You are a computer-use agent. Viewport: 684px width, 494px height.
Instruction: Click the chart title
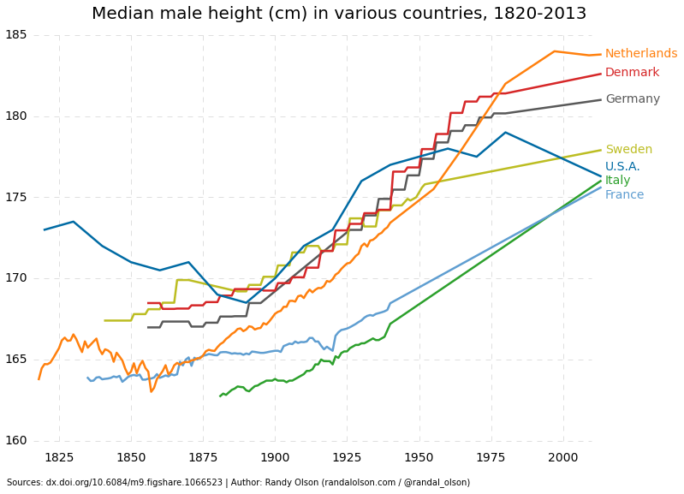click(x=339, y=14)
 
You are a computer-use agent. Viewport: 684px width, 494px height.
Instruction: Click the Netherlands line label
click(x=640, y=54)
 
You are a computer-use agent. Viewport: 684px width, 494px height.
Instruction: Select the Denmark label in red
click(x=632, y=73)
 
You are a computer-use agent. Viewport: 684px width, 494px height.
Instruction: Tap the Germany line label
click(x=632, y=99)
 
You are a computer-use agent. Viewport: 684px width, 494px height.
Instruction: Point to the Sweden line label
click(x=628, y=150)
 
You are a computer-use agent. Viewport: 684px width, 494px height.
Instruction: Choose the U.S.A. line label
click(x=622, y=167)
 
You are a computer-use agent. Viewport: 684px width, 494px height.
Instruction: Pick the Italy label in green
click(x=617, y=181)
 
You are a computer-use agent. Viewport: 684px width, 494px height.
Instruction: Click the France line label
click(x=624, y=195)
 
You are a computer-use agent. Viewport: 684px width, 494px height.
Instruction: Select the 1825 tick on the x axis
click(x=59, y=458)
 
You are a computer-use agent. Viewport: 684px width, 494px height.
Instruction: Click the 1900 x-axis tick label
click(x=275, y=458)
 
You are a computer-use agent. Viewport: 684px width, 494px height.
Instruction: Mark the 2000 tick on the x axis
click(x=563, y=458)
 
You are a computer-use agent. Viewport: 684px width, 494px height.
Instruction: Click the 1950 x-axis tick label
click(x=419, y=458)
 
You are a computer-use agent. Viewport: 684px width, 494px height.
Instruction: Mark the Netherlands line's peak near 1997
click(x=555, y=51)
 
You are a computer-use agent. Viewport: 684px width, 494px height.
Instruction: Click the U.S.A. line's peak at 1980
click(x=505, y=132)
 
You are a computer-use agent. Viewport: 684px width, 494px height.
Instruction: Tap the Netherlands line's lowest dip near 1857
click(x=152, y=392)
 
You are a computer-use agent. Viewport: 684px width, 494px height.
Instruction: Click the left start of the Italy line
click(x=220, y=396)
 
